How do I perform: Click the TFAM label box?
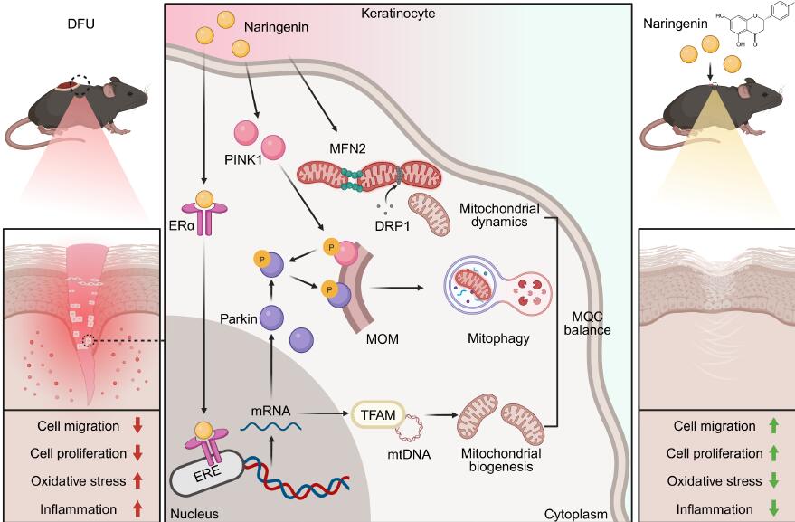[376, 413]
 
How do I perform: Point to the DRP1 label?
[379, 223]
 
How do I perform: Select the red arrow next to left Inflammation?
[138, 510]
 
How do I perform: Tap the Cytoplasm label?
[573, 512]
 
